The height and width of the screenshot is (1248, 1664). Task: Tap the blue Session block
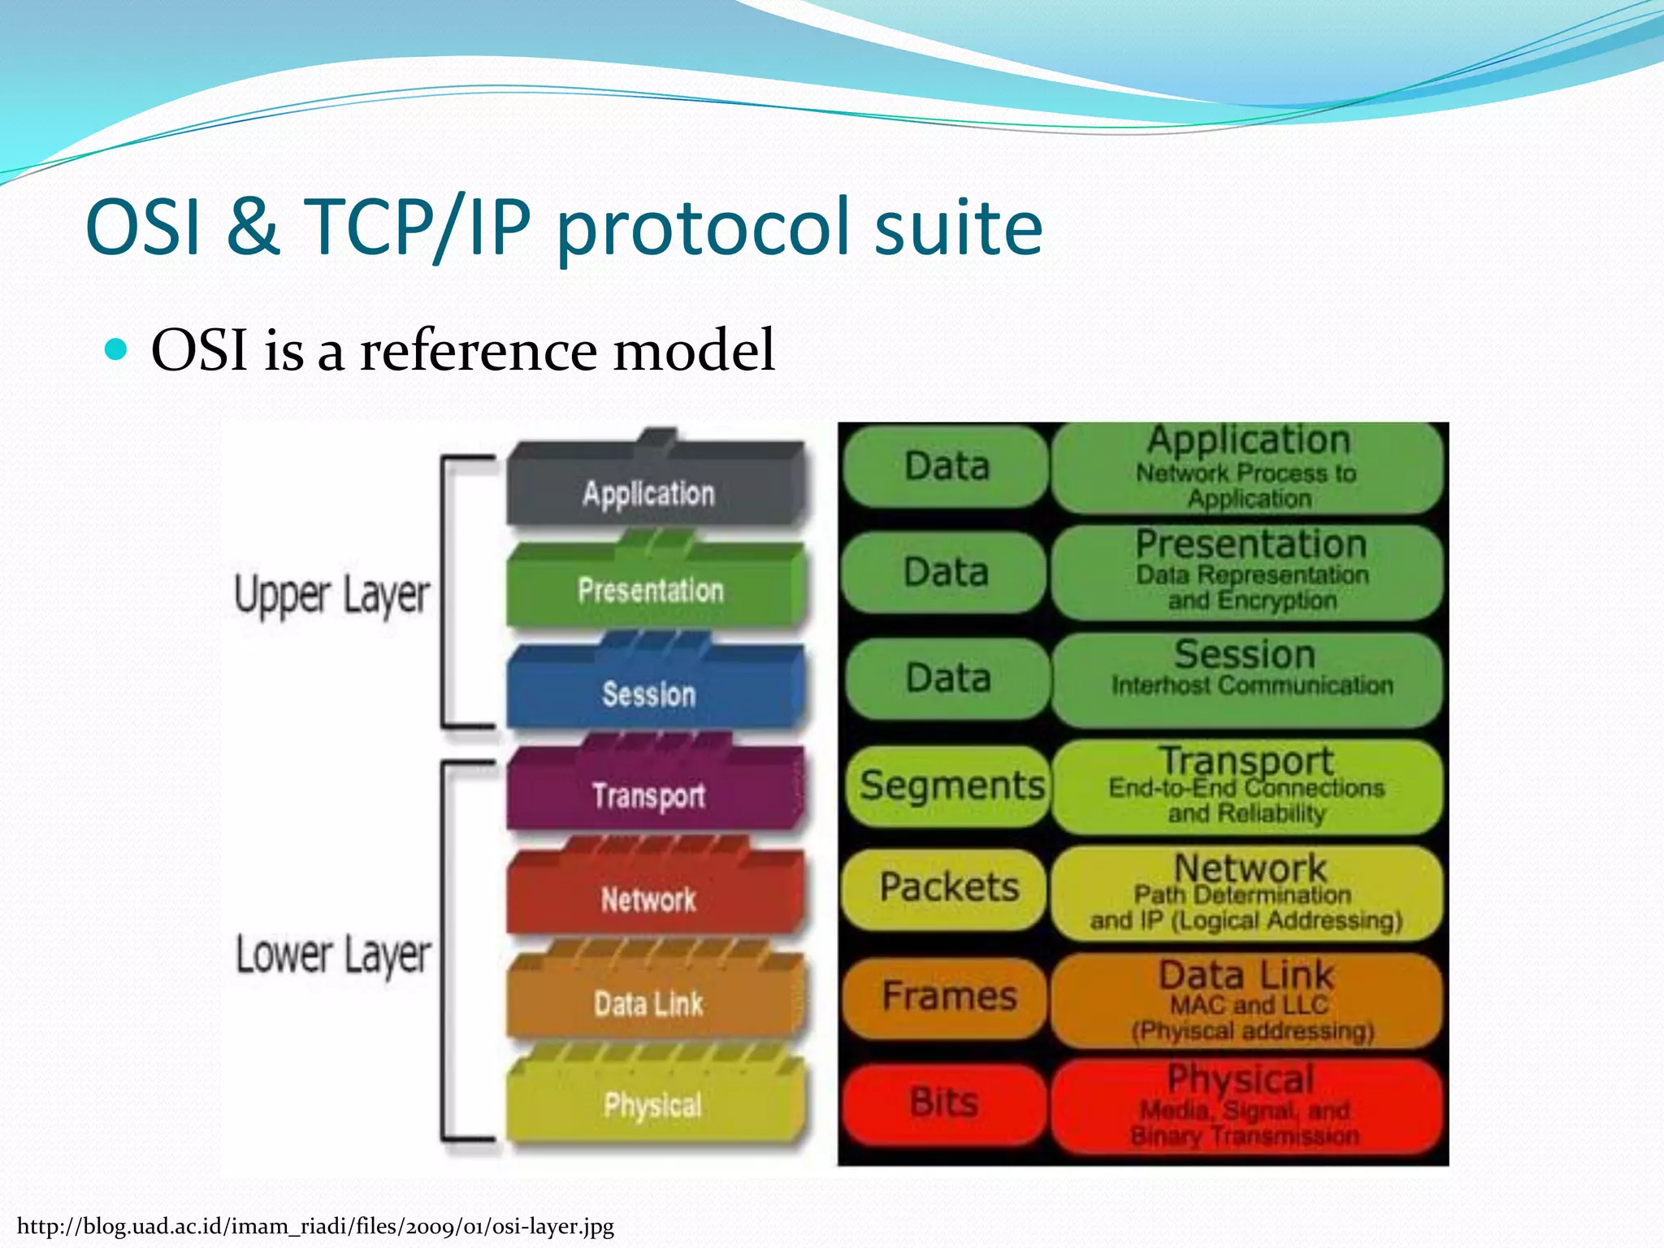[x=649, y=694]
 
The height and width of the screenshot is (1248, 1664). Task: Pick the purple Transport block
[x=649, y=795]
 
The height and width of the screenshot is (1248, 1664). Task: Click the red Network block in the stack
[x=649, y=899]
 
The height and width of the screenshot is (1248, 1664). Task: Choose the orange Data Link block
[x=649, y=1004]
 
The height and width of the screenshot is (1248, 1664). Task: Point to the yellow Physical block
[x=652, y=1105]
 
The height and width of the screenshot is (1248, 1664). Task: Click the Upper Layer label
[x=331, y=595]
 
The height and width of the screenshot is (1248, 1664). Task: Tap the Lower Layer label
[x=333, y=955]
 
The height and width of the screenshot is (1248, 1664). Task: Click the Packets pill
[x=948, y=887]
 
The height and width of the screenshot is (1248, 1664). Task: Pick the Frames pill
[x=948, y=996]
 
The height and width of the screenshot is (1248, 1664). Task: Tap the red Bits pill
[x=944, y=1103]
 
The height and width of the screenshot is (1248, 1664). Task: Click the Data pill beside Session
[x=948, y=678]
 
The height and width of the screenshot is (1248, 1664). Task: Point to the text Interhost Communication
[x=1252, y=686]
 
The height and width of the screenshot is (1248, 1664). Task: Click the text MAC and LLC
[x=1249, y=1005]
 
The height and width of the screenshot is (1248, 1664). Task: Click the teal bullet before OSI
[x=117, y=349]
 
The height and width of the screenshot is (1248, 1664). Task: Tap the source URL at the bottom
[x=315, y=1226]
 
